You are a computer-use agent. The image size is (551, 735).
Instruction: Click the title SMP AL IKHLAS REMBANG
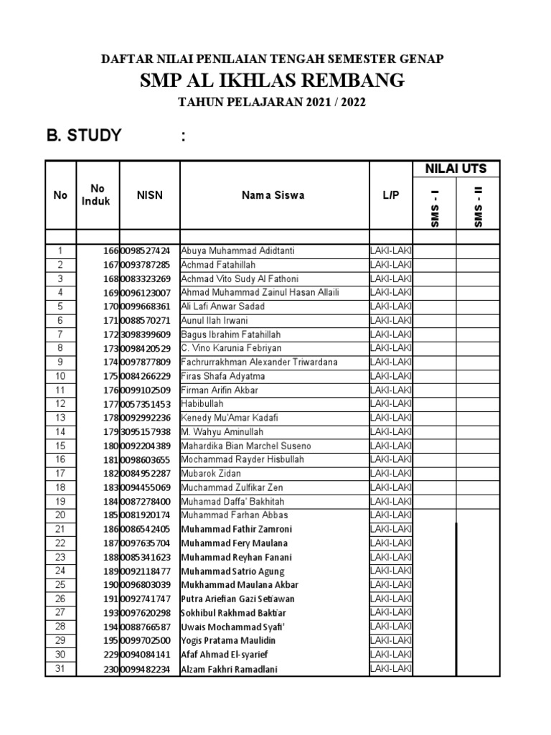[272, 80]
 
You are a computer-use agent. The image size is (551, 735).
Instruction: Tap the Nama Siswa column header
[273, 195]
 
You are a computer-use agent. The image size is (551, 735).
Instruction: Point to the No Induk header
[96, 195]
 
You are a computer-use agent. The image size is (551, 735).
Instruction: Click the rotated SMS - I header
[435, 209]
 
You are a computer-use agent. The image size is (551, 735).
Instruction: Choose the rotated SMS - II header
[478, 209]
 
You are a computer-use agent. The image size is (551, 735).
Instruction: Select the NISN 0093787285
[146, 265]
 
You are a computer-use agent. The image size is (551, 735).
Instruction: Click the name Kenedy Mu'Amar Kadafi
[229, 418]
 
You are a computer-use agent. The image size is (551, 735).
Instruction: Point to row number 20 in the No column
[60, 515]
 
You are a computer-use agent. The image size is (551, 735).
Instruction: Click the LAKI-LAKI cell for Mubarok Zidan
[390, 474]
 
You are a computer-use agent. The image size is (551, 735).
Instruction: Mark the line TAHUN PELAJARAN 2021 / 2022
[272, 103]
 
